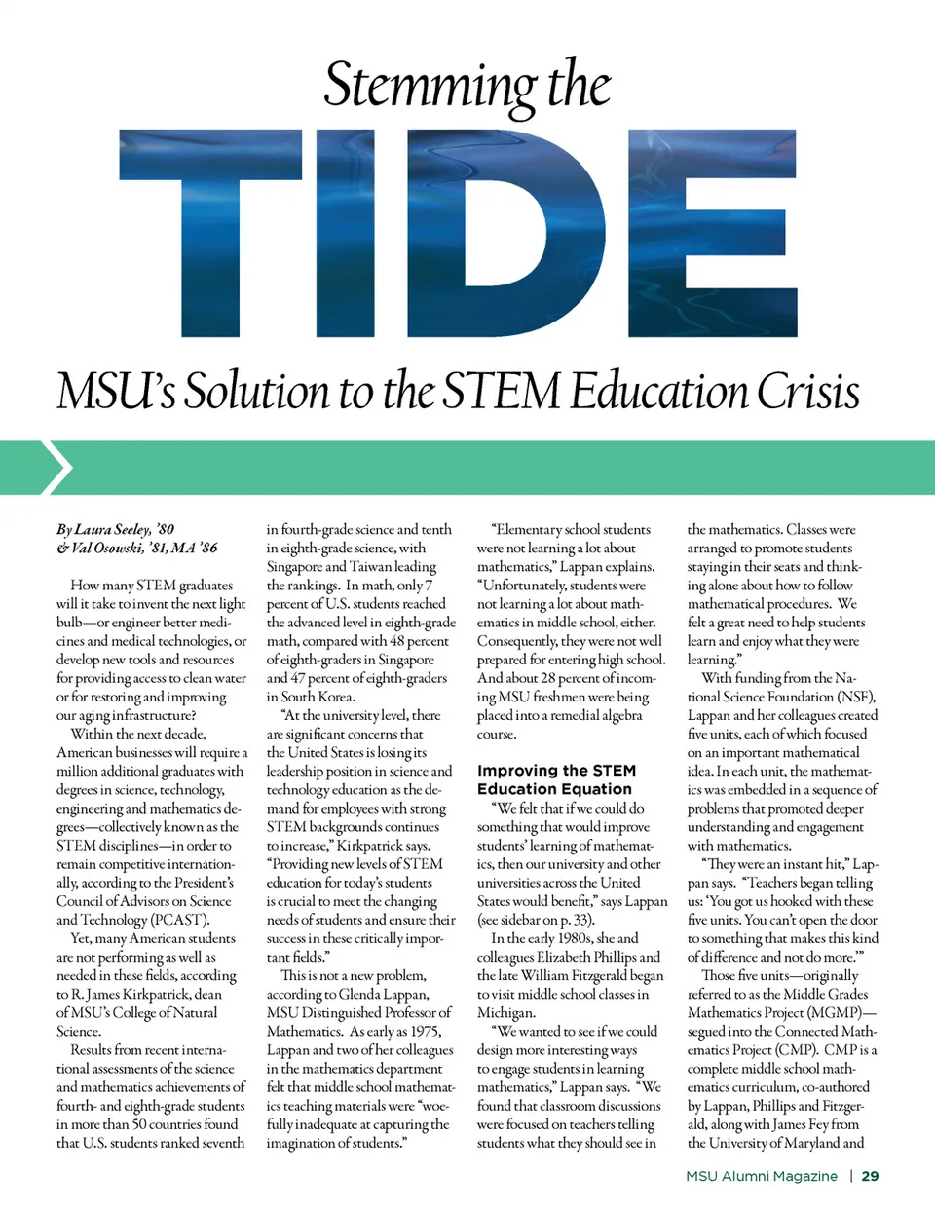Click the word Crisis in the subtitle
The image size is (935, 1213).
pyautogui.click(x=808, y=392)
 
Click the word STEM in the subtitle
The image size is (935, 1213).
pyautogui.click(x=501, y=392)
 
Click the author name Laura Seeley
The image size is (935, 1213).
pyautogui.click(x=111, y=529)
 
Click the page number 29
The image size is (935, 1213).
pyautogui.click(x=870, y=1176)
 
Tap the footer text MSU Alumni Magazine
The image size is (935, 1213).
pyautogui.click(x=761, y=1176)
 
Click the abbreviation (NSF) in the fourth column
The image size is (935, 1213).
pyautogui.click(x=854, y=697)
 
